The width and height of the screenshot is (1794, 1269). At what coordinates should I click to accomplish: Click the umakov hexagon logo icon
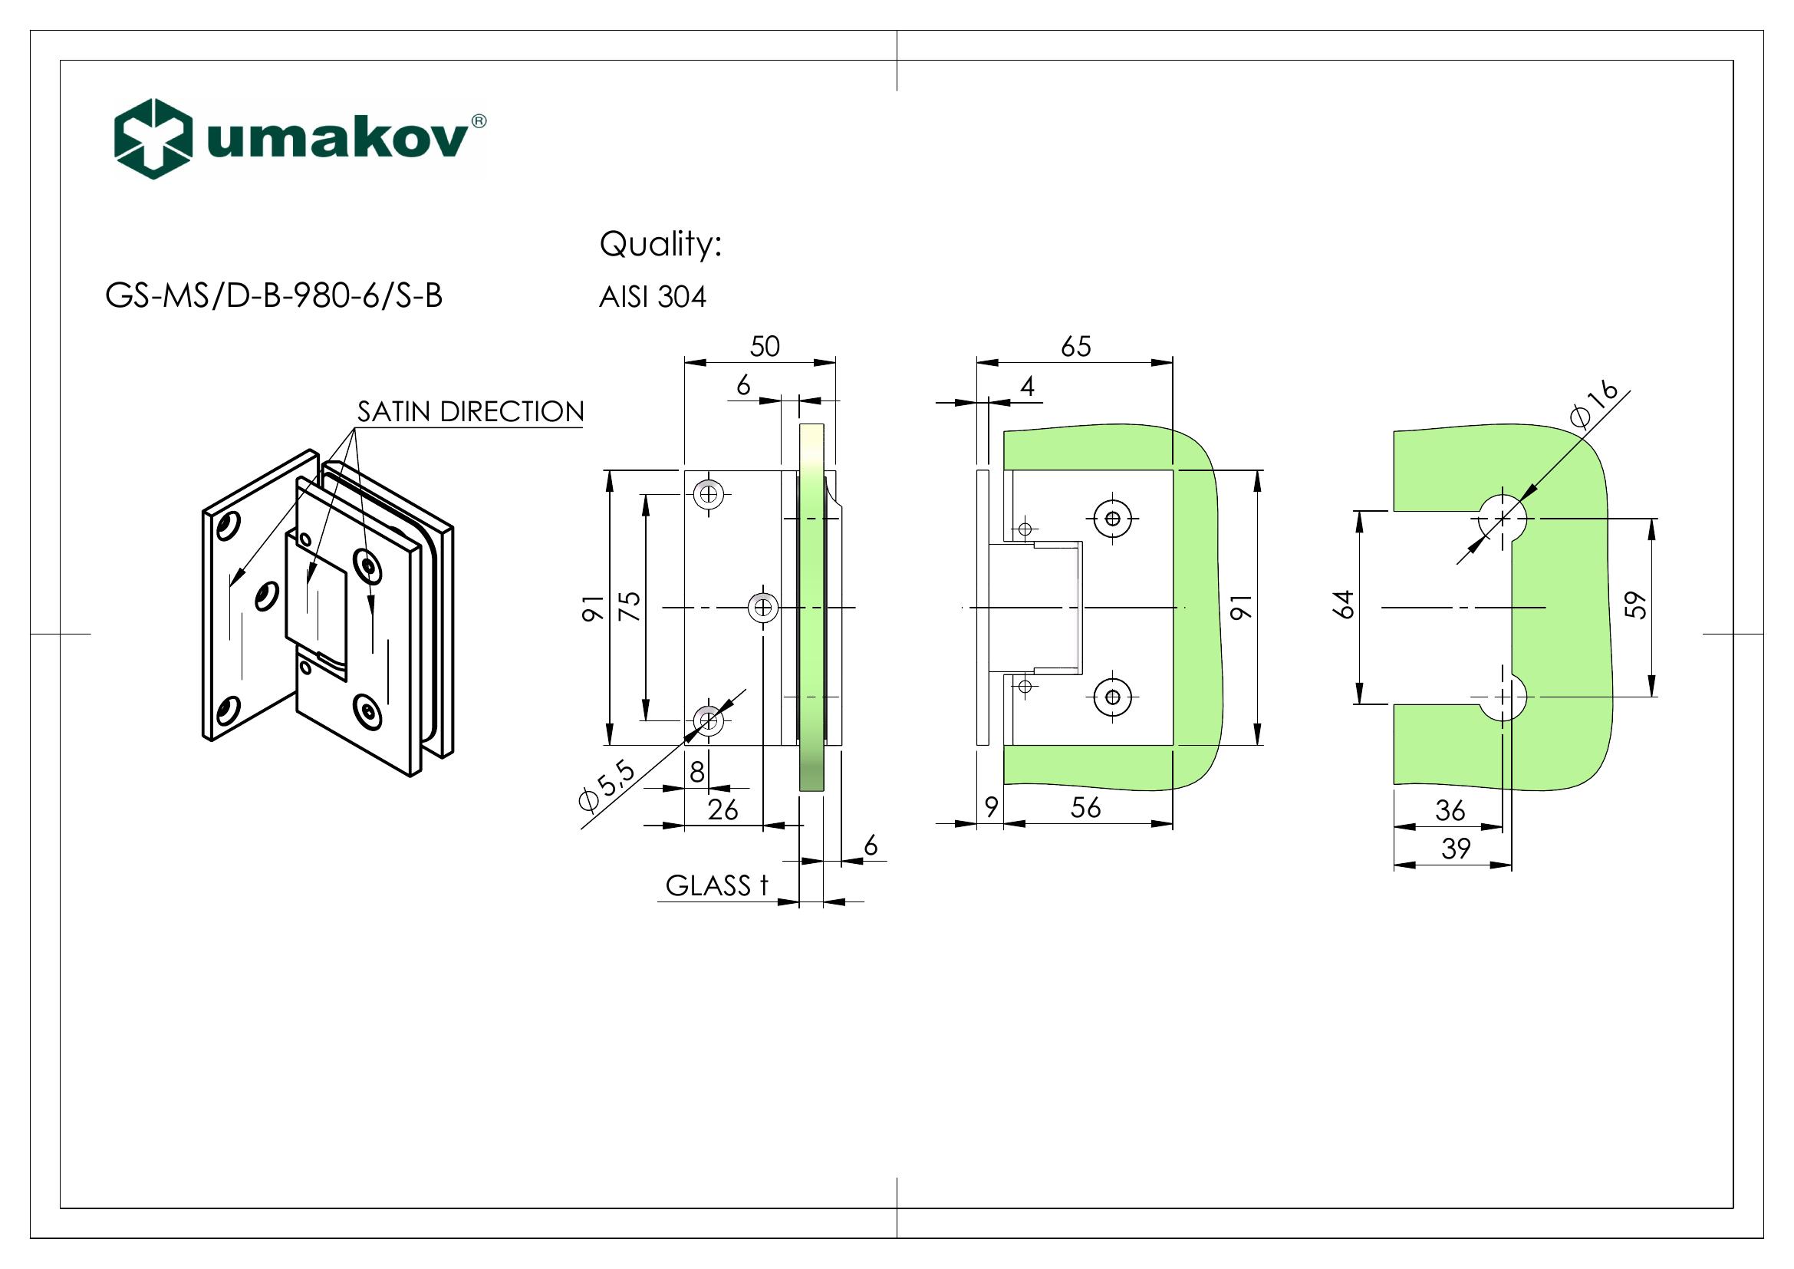(x=153, y=138)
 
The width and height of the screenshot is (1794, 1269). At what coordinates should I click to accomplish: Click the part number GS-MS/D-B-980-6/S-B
(x=274, y=296)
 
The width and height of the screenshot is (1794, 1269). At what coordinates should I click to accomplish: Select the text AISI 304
(x=653, y=297)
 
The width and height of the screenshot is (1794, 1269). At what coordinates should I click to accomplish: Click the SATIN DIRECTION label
(x=470, y=412)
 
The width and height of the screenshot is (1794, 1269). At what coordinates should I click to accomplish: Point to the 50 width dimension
(x=764, y=346)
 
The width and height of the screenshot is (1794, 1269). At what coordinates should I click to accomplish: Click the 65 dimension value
(x=1075, y=346)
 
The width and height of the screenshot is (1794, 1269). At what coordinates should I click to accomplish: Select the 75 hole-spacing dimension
(x=630, y=606)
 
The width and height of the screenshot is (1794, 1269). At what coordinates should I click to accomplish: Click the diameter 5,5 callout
(x=607, y=788)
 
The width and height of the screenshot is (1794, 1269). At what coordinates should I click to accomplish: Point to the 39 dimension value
(x=1456, y=849)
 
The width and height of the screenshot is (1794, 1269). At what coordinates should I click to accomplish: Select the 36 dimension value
(x=1450, y=810)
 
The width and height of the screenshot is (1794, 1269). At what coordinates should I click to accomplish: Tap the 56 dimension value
(x=1085, y=807)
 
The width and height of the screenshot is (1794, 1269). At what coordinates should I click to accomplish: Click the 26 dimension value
(x=723, y=809)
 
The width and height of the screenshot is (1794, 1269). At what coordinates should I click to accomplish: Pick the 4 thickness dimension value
(x=1028, y=386)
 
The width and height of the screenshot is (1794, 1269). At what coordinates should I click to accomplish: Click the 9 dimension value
(x=991, y=807)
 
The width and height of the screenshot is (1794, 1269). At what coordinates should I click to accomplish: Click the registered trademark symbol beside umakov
(x=479, y=121)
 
